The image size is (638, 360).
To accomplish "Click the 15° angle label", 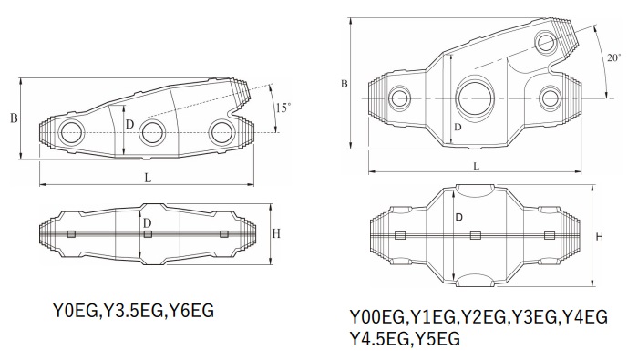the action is (283, 108).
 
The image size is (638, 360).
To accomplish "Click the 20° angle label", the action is (614, 57).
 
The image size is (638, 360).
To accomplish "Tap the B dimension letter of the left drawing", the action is (14, 118).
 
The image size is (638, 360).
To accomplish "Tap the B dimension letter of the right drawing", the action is (345, 84).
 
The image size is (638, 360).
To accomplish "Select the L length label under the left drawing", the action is (148, 178).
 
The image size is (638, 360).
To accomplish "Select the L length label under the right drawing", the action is (477, 166).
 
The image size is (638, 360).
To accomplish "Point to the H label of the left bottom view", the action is (276, 233).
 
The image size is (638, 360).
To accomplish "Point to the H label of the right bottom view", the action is (600, 237).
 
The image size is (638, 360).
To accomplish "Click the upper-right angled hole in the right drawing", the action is (545, 42).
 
